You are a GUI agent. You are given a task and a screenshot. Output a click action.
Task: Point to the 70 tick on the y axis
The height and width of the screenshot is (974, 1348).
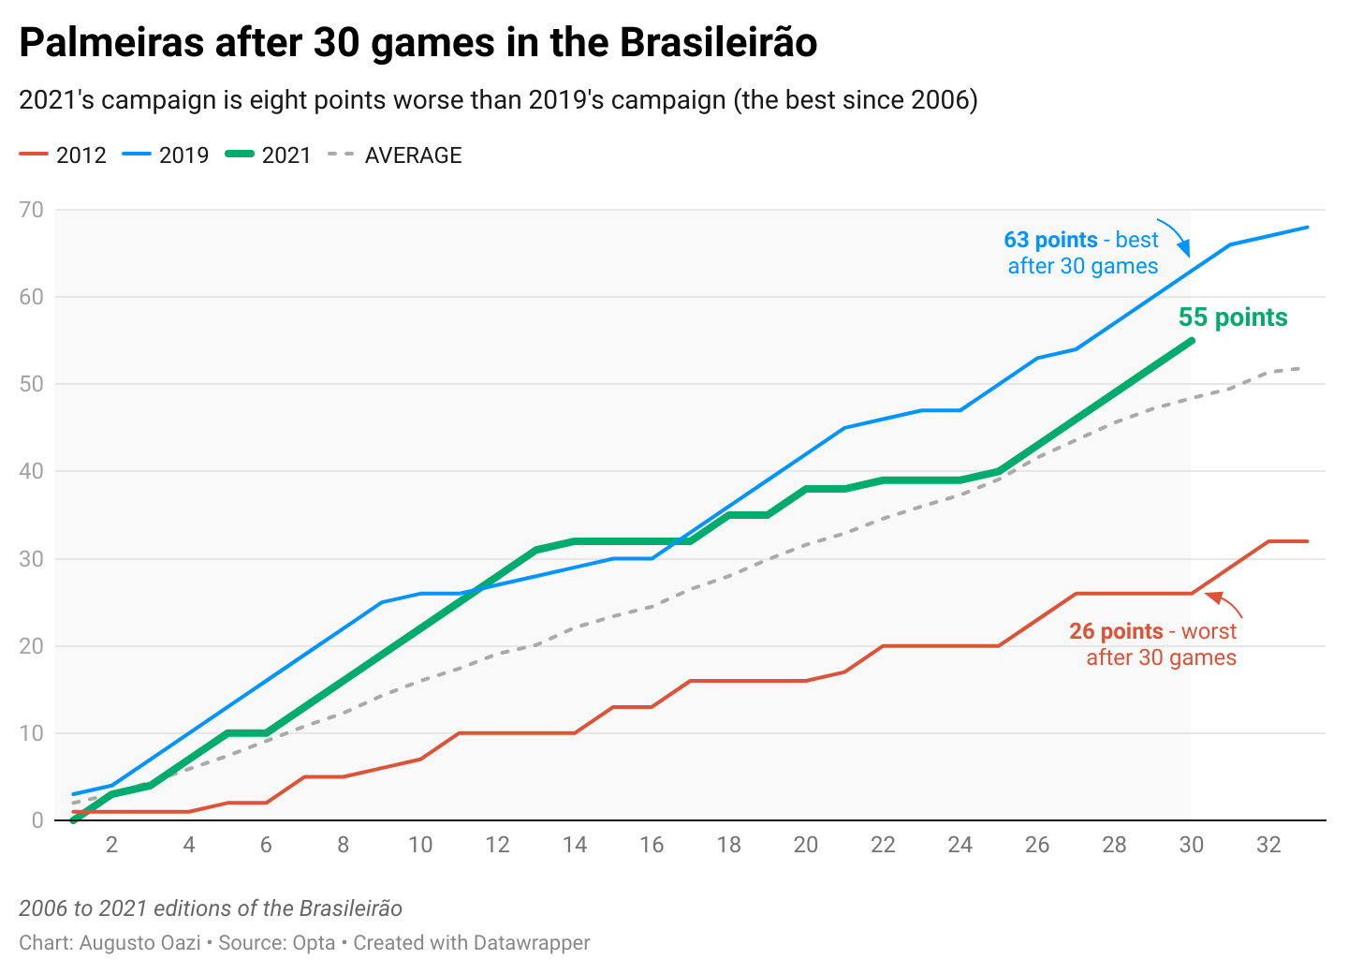click(x=32, y=210)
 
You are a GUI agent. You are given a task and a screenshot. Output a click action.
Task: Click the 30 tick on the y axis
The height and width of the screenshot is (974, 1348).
click(x=32, y=559)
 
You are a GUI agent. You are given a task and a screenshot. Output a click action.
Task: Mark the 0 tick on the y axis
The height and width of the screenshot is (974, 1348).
click(x=37, y=820)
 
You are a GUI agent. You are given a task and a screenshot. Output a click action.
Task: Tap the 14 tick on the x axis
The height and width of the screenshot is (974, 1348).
click(x=575, y=845)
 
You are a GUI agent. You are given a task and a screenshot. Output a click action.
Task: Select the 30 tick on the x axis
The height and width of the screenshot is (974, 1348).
click(x=1191, y=845)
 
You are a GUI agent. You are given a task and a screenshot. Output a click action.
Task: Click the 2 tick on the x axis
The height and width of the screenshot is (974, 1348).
click(x=112, y=845)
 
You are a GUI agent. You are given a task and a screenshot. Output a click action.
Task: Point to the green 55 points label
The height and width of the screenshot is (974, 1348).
click(x=1232, y=317)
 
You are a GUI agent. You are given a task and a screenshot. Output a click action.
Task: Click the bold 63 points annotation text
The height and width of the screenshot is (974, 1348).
click(x=1050, y=241)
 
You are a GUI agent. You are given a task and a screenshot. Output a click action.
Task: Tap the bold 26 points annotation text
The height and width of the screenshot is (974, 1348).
click(x=1116, y=632)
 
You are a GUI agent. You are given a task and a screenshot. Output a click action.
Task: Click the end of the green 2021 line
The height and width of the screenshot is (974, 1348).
click(x=1191, y=341)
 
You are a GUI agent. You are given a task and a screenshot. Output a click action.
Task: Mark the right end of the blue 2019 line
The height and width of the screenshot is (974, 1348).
click(x=1307, y=228)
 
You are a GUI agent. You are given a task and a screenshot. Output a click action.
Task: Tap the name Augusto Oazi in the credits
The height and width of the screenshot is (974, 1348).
click(x=139, y=943)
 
